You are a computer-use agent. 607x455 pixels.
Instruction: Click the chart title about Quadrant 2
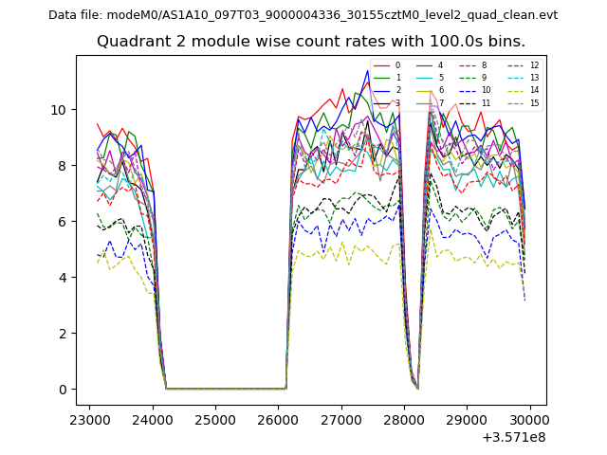311,42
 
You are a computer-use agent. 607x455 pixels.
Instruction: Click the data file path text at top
303,15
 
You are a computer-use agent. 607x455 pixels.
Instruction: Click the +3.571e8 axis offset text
514,437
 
